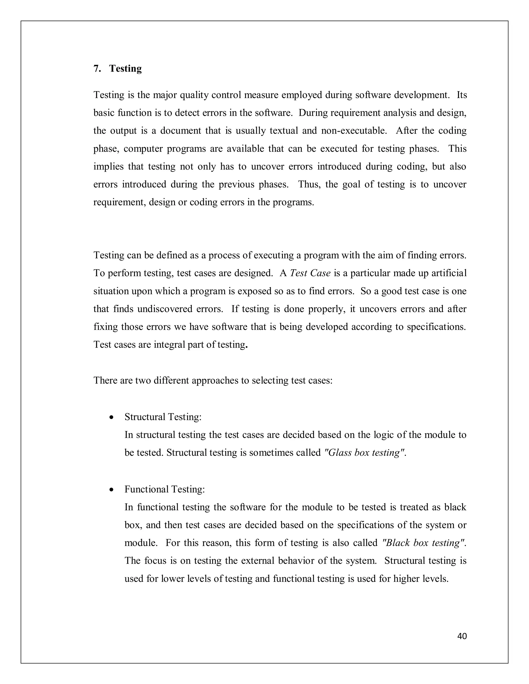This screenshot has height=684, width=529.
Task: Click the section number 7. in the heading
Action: click(97, 69)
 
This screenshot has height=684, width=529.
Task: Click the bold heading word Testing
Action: click(125, 69)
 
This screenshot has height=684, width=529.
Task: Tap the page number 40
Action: click(462, 636)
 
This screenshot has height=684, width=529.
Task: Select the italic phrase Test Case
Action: click(310, 273)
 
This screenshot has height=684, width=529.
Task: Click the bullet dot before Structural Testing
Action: click(111, 418)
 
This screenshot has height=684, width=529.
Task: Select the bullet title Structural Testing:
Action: click(163, 417)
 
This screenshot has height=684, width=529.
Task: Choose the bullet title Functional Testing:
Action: click(165, 489)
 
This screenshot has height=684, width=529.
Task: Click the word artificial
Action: click(449, 273)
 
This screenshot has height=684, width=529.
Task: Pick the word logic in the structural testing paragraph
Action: click(384, 435)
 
